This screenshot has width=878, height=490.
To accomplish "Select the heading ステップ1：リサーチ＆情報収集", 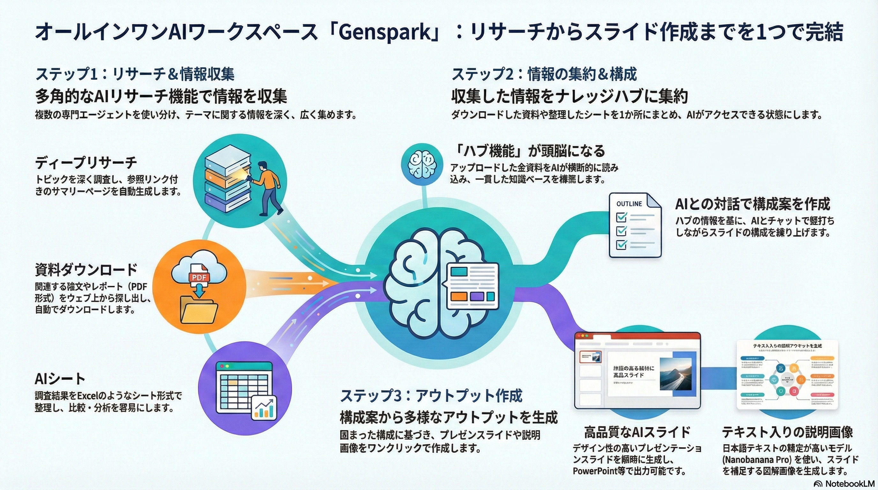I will (x=135, y=74).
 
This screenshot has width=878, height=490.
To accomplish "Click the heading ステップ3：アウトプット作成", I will (x=431, y=396).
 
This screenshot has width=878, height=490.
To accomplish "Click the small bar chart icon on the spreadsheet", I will (x=264, y=409).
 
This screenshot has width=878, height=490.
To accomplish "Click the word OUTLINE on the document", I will (x=629, y=204).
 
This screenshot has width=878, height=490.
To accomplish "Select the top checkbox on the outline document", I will (x=622, y=217).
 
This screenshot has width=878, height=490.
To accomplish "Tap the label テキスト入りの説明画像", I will (x=788, y=432).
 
